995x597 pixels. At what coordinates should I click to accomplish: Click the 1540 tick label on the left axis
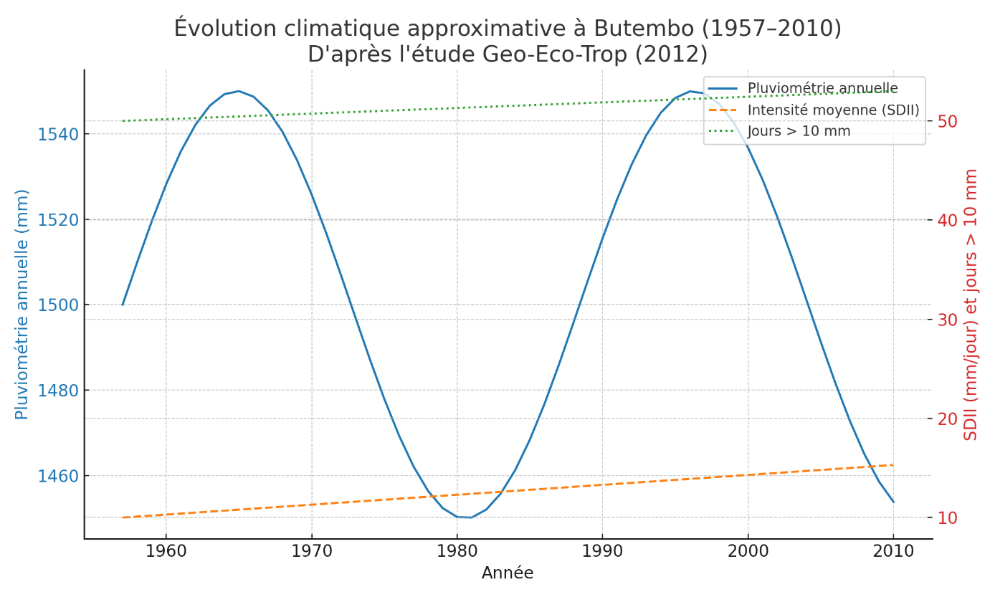tap(57, 134)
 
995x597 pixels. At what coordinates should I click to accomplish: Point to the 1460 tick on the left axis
tap(57, 476)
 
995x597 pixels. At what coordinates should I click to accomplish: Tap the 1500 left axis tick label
tap(57, 305)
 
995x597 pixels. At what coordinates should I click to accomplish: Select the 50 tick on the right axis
tap(948, 121)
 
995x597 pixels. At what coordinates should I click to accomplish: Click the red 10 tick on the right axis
tap(948, 517)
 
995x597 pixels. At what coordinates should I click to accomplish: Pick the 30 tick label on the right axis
tap(948, 320)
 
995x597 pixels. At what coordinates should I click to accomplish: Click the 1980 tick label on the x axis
tap(457, 552)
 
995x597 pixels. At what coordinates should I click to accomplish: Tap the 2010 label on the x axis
tap(893, 552)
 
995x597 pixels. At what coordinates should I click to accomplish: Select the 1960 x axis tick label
tap(166, 552)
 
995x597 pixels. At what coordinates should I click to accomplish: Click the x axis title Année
tap(508, 573)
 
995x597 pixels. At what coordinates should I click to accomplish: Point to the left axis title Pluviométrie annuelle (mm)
tap(22, 305)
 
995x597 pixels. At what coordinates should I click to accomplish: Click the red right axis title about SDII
tap(971, 305)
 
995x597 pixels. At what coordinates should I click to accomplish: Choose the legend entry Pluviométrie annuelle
tap(822, 88)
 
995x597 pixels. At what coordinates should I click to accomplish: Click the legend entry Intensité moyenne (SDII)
tap(833, 110)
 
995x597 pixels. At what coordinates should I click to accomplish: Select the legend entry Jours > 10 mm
tap(799, 131)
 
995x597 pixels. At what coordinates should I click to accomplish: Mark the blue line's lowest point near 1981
tap(471, 517)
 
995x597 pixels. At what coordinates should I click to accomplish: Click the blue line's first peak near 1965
tap(239, 91)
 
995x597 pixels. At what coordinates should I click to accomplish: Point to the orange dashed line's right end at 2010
tap(893, 465)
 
